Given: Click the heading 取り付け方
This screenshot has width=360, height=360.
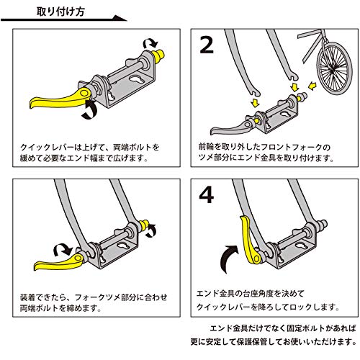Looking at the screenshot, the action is click(60, 12).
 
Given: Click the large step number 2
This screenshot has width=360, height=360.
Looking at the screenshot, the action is click(207, 45).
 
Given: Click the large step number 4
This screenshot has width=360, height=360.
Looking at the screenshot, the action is click(207, 195).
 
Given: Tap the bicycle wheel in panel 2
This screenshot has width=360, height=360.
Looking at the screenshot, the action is click(334, 68).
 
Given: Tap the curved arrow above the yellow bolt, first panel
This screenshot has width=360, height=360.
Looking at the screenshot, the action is click(150, 42).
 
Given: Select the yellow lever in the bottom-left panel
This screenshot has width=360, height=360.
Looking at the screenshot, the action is click(60, 263).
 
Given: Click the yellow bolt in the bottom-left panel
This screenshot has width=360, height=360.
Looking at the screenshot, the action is click(145, 225).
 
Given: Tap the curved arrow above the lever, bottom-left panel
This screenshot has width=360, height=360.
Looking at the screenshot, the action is click(63, 250).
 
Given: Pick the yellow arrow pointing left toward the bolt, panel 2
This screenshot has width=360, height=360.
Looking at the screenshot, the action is click(312, 86).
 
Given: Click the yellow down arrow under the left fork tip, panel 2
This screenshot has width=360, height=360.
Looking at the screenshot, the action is click(255, 102).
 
